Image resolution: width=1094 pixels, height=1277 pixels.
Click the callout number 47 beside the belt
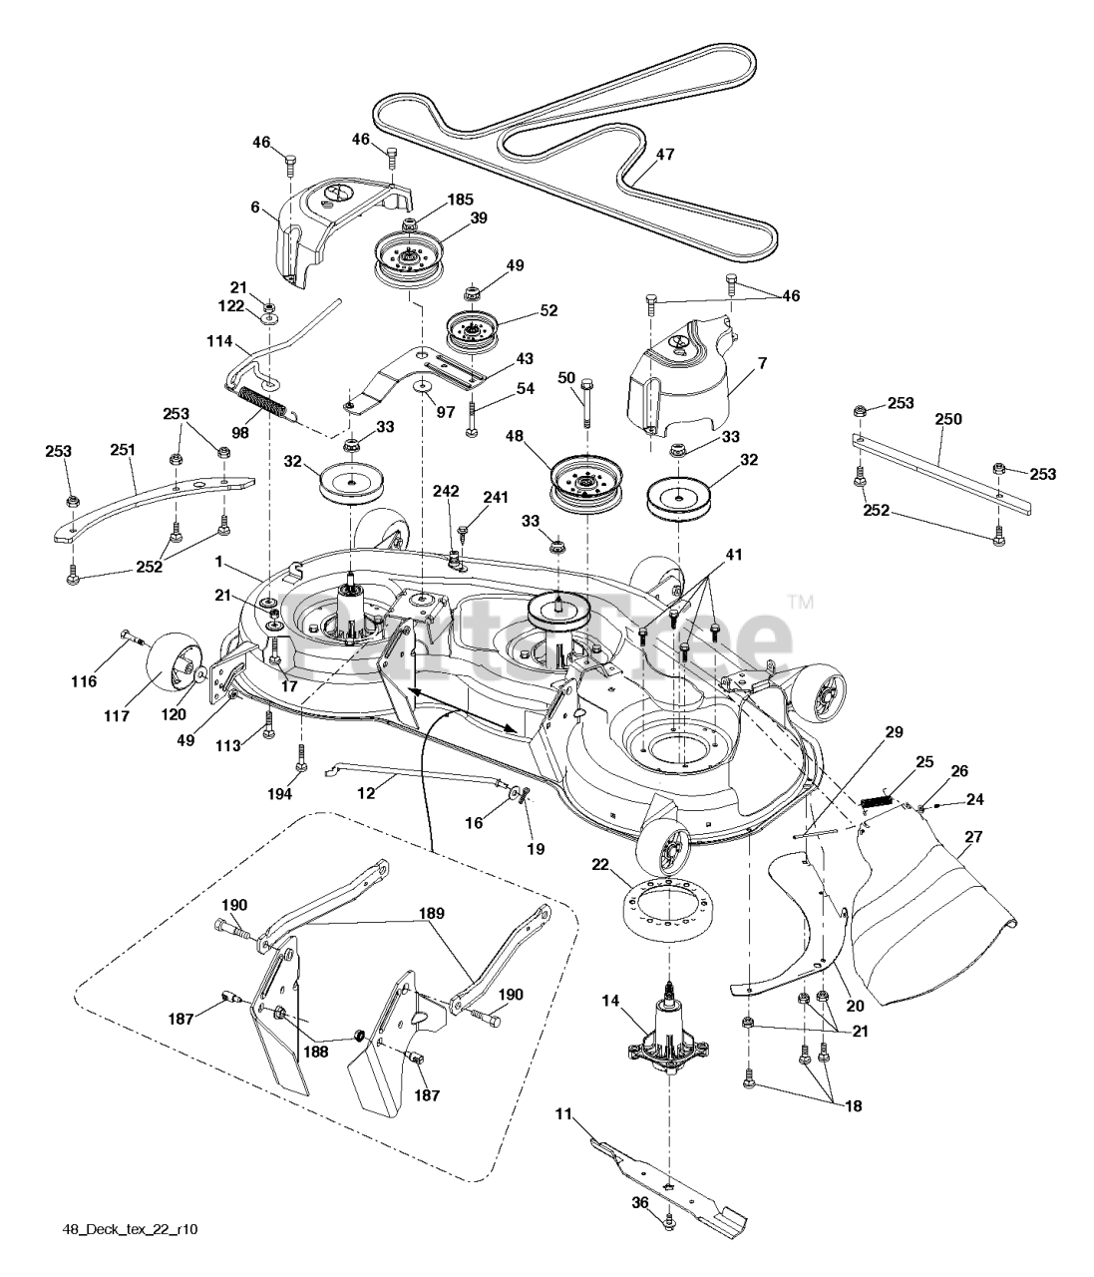pos(665,156)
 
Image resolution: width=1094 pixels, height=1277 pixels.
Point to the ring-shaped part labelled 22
pos(663,914)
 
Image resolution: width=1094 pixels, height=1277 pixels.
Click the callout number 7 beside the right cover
pos(762,363)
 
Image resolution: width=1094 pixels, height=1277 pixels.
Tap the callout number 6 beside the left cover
pos(256,208)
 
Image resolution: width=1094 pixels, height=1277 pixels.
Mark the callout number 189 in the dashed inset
pos(432,913)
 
